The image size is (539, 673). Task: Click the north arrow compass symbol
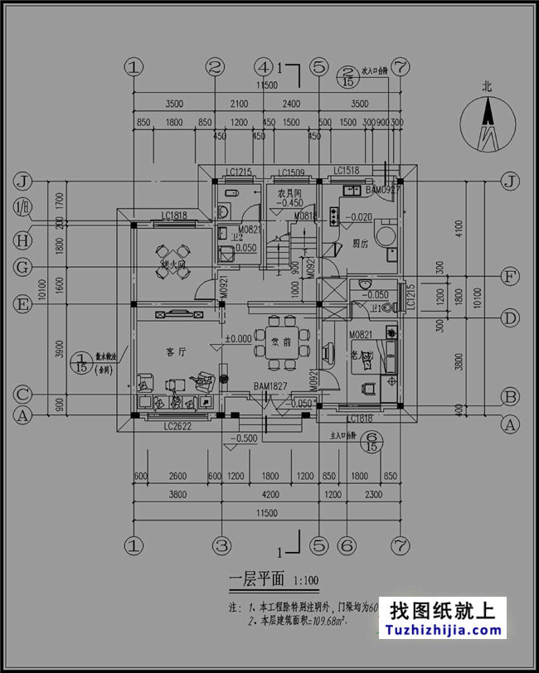[488, 124]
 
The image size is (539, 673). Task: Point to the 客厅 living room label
[176, 352]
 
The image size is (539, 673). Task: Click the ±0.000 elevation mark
[239, 338]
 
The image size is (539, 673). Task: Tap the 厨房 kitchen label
[360, 244]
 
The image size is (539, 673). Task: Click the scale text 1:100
[306, 580]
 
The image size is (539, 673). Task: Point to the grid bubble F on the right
[512, 276]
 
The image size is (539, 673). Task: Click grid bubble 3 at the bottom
[221, 545]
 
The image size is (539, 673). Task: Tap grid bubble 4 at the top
[263, 65]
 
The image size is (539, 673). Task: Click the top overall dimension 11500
[266, 85]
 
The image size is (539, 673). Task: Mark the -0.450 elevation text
[289, 202]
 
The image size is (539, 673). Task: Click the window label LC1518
[347, 172]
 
